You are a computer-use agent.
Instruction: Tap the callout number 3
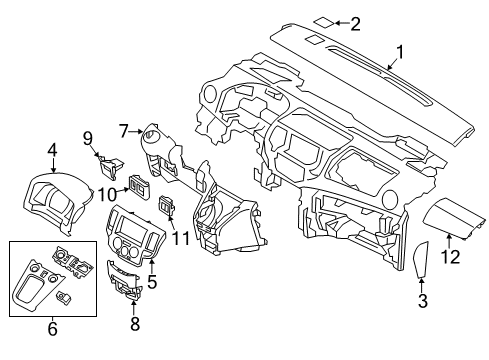(x=421, y=301)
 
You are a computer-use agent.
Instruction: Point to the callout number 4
(x=51, y=151)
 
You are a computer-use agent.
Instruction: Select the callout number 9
(x=87, y=137)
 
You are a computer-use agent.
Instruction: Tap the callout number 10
(x=105, y=191)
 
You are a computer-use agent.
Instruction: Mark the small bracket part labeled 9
(x=108, y=156)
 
